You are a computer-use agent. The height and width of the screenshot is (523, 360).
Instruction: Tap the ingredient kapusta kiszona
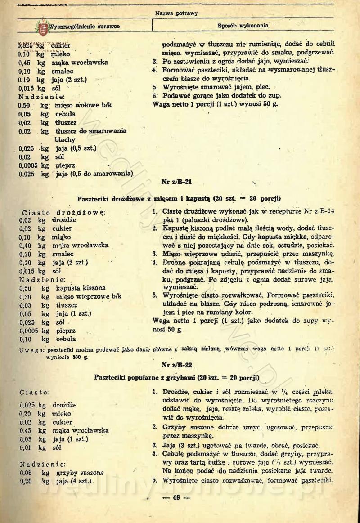[x=81, y=288]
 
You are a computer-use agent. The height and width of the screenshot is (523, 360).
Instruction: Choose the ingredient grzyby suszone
[x=80, y=473]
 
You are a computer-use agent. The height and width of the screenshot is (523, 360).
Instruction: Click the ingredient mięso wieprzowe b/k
[x=89, y=296]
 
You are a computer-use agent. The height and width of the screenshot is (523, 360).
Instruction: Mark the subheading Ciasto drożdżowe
[x=63, y=211]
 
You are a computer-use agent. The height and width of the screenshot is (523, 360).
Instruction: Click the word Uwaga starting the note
[x=31, y=349]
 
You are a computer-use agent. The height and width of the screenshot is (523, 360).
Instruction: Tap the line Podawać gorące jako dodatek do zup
[x=222, y=95]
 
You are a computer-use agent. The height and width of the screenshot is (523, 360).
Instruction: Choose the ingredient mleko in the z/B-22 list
[x=62, y=413]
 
